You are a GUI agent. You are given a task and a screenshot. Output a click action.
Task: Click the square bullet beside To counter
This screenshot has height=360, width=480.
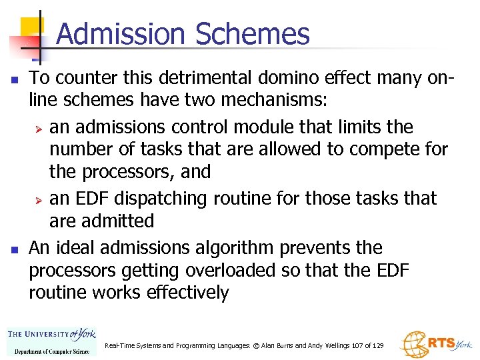[x=14, y=79]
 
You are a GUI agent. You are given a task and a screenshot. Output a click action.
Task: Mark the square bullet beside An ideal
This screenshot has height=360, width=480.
[x=14, y=249]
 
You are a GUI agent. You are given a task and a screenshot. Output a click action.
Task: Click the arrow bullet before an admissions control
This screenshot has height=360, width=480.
[x=39, y=127]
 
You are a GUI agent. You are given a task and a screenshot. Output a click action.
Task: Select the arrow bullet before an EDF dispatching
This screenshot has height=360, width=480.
[x=39, y=199]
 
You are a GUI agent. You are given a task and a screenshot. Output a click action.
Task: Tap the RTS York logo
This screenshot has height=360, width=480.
[x=436, y=343]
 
